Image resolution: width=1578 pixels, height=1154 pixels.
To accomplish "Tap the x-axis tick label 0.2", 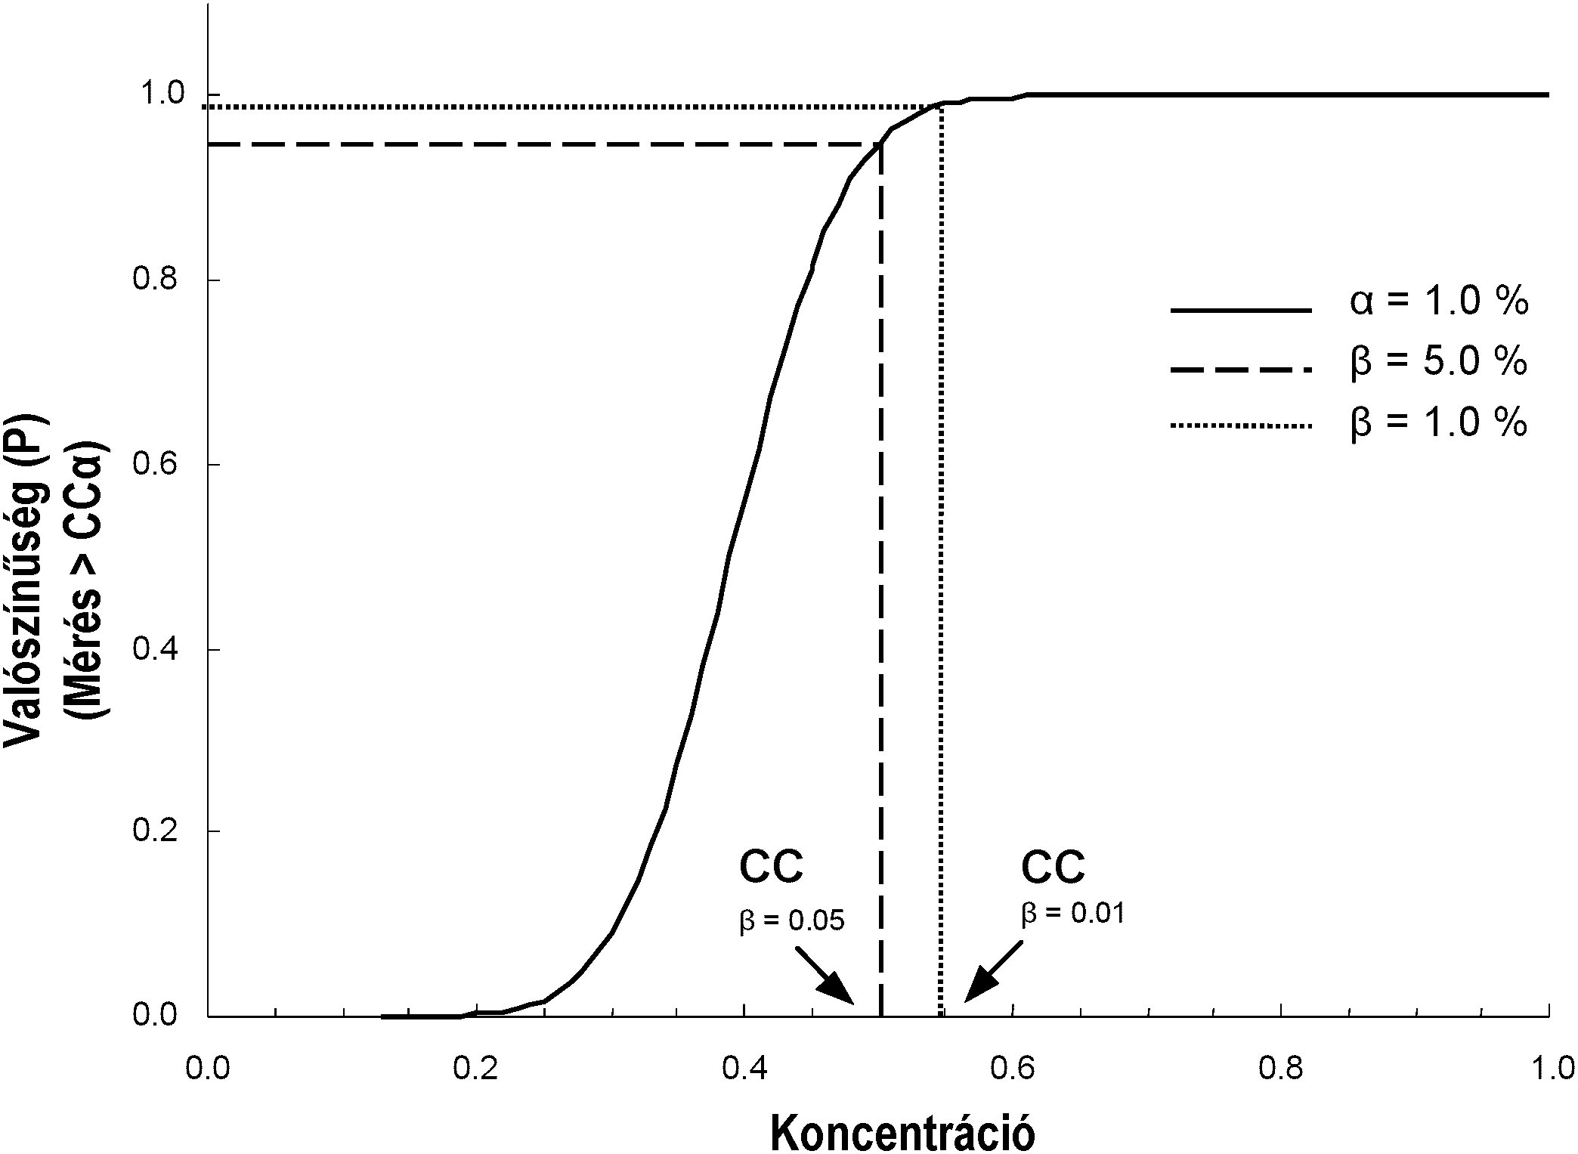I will click(475, 1069).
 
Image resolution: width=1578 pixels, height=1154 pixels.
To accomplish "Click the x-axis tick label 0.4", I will click(744, 1069).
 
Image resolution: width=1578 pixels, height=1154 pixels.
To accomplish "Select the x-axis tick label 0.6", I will click(1013, 1069).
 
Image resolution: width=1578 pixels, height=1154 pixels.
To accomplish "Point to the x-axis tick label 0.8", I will click(1282, 1069).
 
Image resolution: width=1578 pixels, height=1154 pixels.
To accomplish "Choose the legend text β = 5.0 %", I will click(1438, 363).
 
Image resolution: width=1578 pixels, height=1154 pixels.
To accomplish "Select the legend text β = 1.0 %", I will click(1438, 423).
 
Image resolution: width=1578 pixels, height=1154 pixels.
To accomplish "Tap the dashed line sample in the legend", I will click(1239, 370).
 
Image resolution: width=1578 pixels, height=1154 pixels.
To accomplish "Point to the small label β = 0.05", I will click(791, 921).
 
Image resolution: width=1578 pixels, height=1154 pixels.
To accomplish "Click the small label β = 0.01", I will click(1072, 914).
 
